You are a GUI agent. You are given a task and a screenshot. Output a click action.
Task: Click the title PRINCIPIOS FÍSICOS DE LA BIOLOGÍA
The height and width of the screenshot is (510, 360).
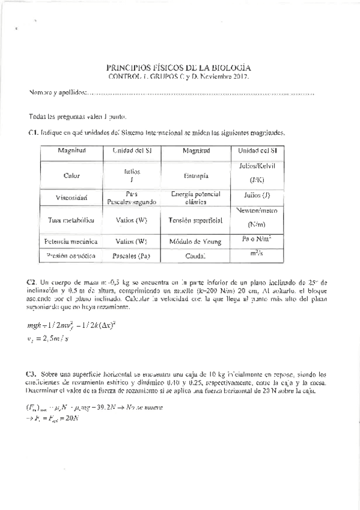[x=178, y=68]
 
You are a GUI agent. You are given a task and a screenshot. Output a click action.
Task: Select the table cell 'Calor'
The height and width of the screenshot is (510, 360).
[x=72, y=176]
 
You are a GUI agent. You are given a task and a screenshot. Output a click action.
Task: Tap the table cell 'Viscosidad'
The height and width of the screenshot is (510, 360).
[x=72, y=197]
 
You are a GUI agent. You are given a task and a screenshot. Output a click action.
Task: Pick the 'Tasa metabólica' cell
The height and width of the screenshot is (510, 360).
[x=72, y=220]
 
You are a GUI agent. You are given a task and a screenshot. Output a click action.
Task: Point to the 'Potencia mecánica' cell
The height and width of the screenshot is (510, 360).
[x=72, y=241]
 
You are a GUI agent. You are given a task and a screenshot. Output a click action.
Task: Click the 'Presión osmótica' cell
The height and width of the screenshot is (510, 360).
[x=72, y=256]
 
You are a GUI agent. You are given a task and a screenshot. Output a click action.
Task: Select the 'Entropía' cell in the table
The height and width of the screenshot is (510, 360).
[x=196, y=176]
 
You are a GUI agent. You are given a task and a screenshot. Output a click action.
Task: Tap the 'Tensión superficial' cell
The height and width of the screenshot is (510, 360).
[x=196, y=220]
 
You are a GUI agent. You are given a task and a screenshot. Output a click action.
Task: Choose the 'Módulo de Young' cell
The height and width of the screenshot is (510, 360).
[x=196, y=241]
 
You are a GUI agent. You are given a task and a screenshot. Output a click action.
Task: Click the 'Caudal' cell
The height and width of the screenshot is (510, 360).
[x=196, y=256]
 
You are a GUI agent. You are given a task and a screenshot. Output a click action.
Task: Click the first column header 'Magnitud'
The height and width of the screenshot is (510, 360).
[x=72, y=150]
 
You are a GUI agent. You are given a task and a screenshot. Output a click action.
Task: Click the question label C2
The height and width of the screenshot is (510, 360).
[x=33, y=281]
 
